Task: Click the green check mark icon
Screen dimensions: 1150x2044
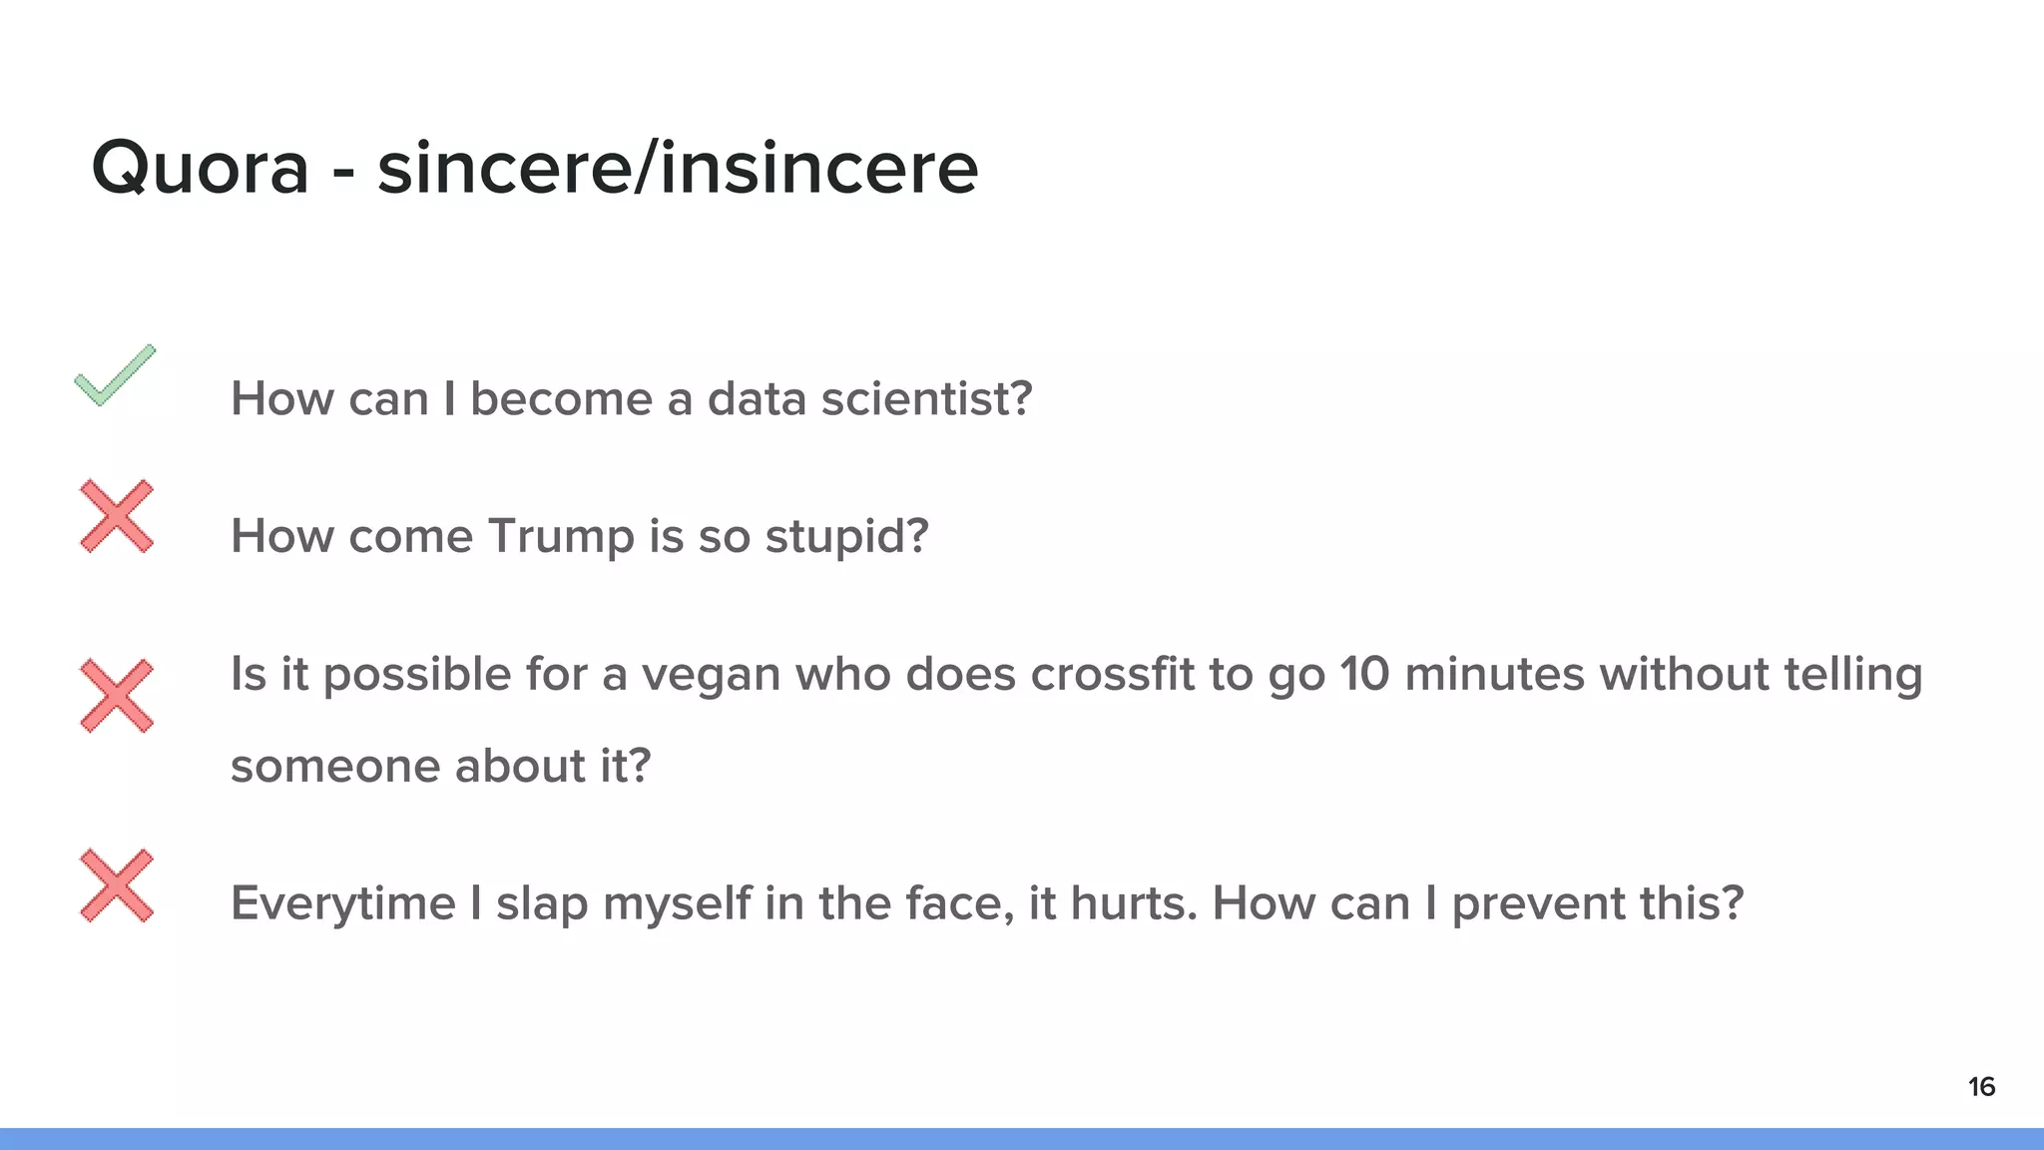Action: pyautogui.click(x=115, y=375)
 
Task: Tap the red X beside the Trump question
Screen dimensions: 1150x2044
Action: pyautogui.click(x=117, y=516)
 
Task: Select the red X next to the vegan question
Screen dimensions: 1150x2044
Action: pyautogui.click(x=117, y=696)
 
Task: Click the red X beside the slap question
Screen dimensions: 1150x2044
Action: pyautogui.click(x=117, y=885)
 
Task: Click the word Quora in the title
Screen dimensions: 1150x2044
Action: pyautogui.click(x=200, y=168)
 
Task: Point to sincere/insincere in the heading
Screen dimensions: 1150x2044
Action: pyautogui.click(x=678, y=168)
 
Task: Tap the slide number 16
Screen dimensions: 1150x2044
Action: pyautogui.click(x=1981, y=1086)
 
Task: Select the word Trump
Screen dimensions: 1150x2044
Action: pyautogui.click(x=561, y=537)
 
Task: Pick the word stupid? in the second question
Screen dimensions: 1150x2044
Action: pyautogui.click(x=846, y=537)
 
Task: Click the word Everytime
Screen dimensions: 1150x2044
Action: pyautogui.click(x=342, y=904)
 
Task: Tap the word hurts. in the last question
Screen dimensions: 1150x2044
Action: pyautogui.click(x=1133, y=903)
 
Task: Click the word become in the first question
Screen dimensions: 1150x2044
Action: pyautogui.click(x=561, y=398)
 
